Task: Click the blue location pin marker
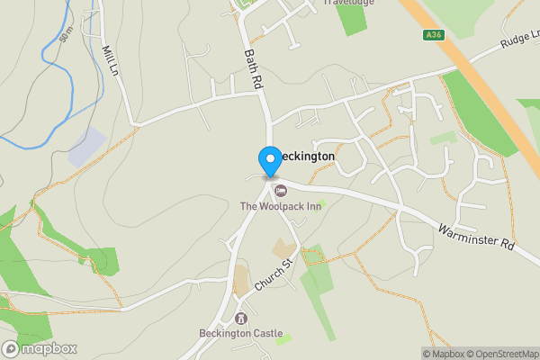269,161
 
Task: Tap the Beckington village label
306,157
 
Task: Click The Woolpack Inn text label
280,207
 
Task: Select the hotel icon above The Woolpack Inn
280,191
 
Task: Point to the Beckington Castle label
240,333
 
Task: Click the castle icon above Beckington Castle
240,318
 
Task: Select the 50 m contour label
66,35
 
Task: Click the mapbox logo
40,348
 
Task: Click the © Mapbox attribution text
443,354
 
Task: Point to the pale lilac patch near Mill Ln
87,146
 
